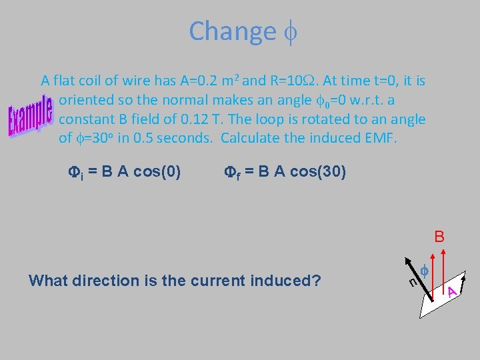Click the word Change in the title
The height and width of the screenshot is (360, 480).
tap(231, 31)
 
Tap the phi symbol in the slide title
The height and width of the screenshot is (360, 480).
tap(289, 31)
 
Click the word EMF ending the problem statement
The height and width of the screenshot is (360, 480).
tap(382, 139)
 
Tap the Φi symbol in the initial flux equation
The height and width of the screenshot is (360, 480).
tap(75, 173)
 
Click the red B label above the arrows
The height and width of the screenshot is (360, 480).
tap(439, 237)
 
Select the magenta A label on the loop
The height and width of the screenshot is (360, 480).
tap(452, 291)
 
